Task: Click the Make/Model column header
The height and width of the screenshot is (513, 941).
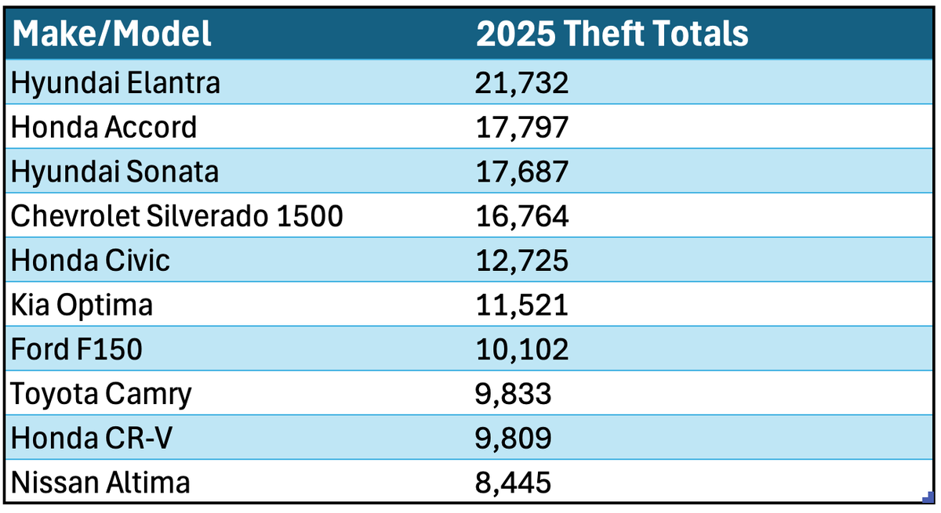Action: click(x=111, y=34)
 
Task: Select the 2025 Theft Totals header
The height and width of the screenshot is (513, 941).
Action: click(x=612, y=34)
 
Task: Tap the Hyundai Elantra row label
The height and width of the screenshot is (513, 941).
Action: click(x=115, y=83)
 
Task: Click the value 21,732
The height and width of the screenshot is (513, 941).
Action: click(x=521, y=83)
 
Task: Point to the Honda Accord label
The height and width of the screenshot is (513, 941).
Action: click(x=104, y=127)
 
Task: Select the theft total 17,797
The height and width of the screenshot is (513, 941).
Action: click(x=521, y=127)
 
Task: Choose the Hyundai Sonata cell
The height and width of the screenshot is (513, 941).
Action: click(x=114, y=172)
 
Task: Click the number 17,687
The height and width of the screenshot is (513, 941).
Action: click(x=521, y=172)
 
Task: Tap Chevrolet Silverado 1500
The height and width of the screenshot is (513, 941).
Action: click(x=177, y=216)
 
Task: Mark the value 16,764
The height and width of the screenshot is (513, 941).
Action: click(x=521, y=216)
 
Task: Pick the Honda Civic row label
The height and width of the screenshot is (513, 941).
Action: click(x=90, y=260)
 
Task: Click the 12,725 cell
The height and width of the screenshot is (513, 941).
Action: click(x=521, y=260)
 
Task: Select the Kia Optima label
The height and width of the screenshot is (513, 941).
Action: click(x=82, y=305)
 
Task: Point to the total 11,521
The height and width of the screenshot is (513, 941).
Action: click(x=521, y=305)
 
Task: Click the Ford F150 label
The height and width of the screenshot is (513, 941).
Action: click(x=77, y=349)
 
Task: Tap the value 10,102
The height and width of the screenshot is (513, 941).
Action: click(x=521, y=349)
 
